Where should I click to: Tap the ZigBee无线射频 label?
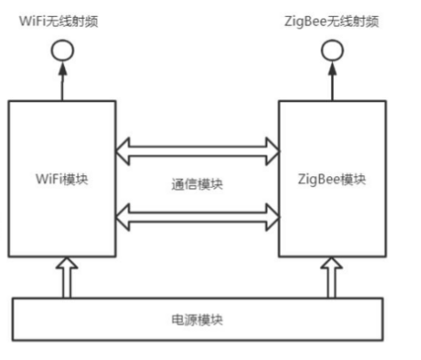pos(333,20)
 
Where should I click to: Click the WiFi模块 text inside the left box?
pos(61,181)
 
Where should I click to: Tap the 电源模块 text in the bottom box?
pos(197,317)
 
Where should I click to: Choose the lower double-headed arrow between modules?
pos(197,216)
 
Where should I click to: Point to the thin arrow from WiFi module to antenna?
pos(62,82)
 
